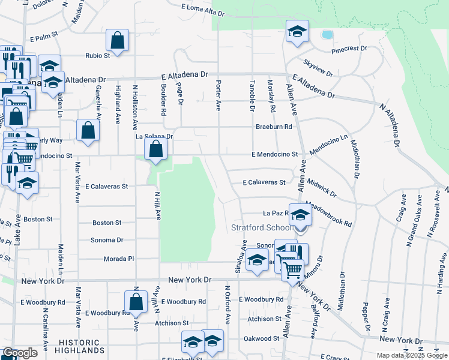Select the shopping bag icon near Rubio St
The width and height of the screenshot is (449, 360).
click(118, 41)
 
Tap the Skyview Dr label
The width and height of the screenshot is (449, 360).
click(318, 68)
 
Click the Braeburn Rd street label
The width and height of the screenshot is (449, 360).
click(273, 127)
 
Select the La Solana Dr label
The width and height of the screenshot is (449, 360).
click(154, 136)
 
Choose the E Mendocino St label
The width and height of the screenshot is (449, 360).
click(275, 154)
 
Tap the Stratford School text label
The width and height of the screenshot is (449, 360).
click(262, 227)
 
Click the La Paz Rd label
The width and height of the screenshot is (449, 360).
click(276, 213)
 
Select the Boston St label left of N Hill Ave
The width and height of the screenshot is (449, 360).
click(107, 223)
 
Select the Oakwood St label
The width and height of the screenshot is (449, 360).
click(262, 338)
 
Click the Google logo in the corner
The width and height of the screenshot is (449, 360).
click(19, 353)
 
